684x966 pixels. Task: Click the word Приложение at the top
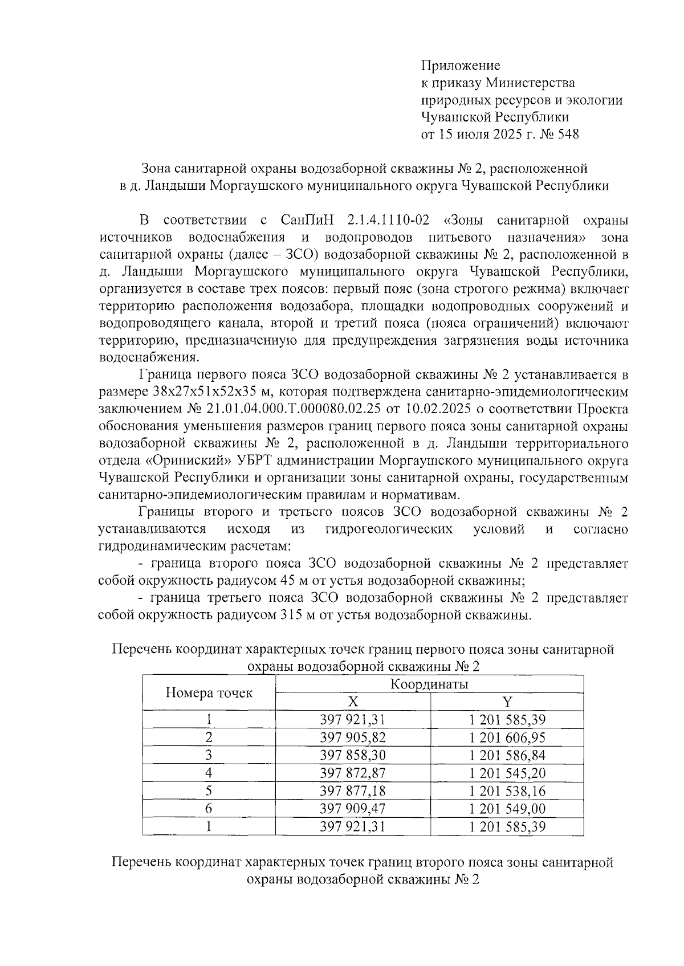pyautogui.click(x=460, y=66)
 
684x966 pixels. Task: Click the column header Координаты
pyautogui.click(x=429, y=684)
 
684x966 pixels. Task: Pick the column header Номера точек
pyautogui.click(x=209, y=692)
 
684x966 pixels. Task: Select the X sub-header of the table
pyautogui.click(x=353, y=702)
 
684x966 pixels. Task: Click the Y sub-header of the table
pyautogui.click(x=507, y=702)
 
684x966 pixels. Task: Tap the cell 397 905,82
pyautogui.click(x=353, y=737)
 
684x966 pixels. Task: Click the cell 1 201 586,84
pyautogui.click(x=507, y=755)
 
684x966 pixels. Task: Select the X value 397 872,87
pyautogui.click(x=353, y=773)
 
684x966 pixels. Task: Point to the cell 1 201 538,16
pyautogui.click(x=507, y=790)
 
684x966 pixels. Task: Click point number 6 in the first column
pyautogui.click(x=209, y=808)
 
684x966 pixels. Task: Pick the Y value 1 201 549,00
pyautogui.click(x=507, y=808)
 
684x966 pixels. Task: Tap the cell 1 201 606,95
pyautogui.click(x=507, y=737)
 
